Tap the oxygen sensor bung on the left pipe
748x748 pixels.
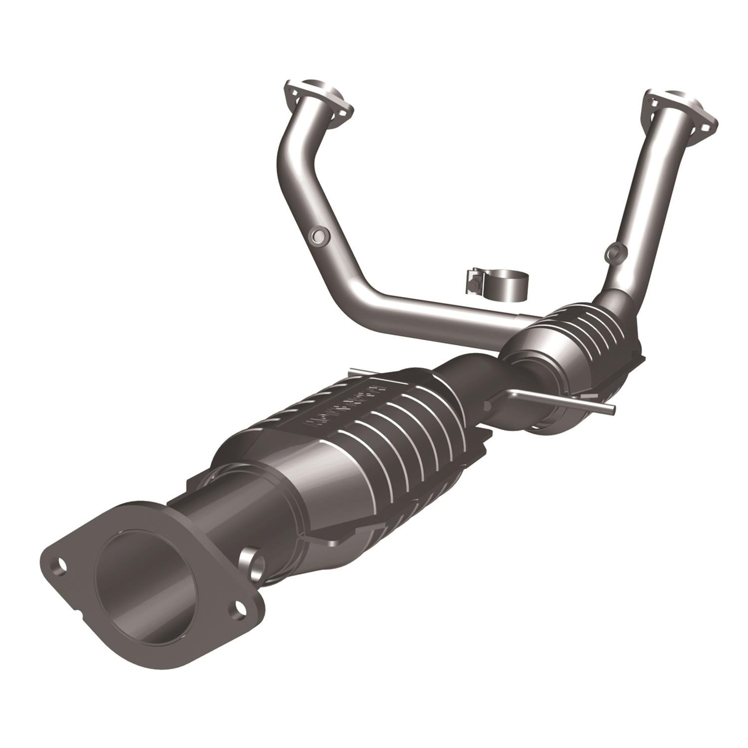pyautogui.click(x=319, y=236)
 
